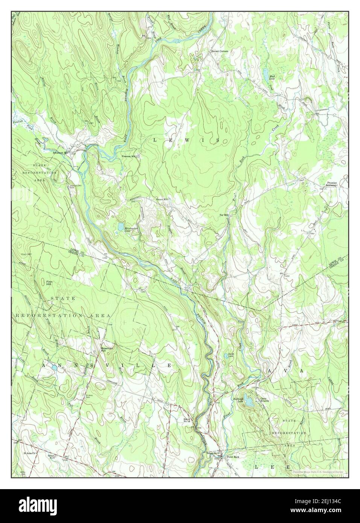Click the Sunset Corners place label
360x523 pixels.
(219, 51)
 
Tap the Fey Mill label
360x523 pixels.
(224, 215)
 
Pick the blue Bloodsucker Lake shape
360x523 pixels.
(120, 227)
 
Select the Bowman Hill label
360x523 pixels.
(108, 349)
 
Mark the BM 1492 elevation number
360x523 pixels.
(288, 276)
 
